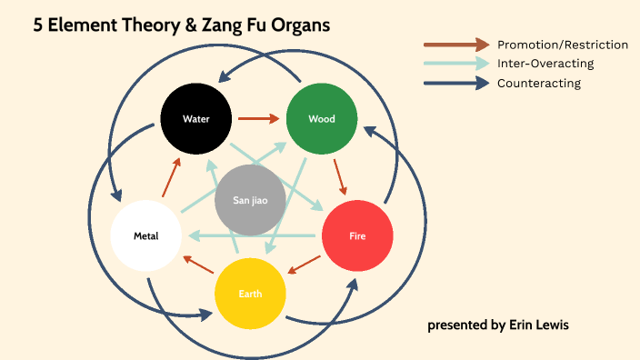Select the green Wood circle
[x=322, y=119]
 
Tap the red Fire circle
[x=358, y=236]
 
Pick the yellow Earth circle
[x=250, y=294]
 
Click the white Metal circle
[x=146, y=236]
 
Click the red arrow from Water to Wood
[x=259, y=118]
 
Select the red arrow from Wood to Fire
[x=341, y=177]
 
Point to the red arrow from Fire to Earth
[x=305, y=265]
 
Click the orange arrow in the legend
[x=456, y=44]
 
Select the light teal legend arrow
[x=456, y=64]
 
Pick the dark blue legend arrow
[x=456, y=84]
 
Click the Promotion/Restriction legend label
[x=562, y=45]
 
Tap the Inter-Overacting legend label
[x=545, y=64]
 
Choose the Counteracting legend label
[x=539, y=84]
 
